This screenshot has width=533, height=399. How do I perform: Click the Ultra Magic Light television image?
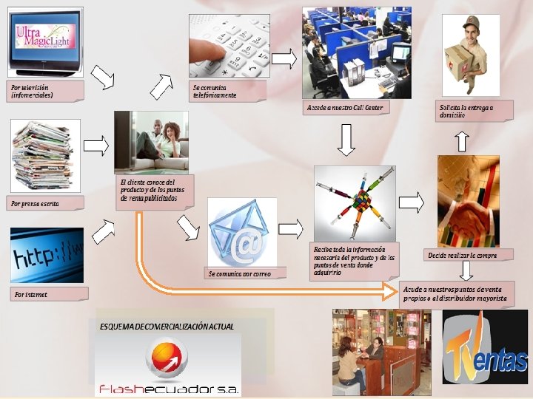coord(44,40)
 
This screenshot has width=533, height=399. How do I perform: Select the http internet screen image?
coord(47,254)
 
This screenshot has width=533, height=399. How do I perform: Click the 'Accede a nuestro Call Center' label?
coord(345,108)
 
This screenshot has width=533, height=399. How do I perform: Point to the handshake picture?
coord(468,201)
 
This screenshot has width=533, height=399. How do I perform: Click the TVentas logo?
coord(485,347)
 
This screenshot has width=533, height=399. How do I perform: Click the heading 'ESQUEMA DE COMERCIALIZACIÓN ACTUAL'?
coord(167,325)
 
